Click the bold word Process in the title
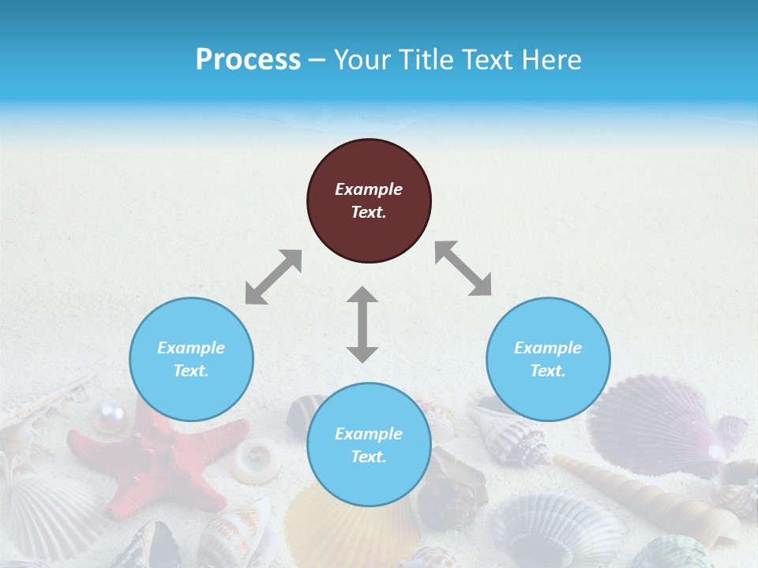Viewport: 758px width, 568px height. (248, 60)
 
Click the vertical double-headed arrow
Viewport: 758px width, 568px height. (362, 324)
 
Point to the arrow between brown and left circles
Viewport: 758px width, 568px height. (273, 277)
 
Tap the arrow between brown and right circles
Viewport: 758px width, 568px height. (463, 268)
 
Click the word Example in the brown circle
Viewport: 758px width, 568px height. (369, 189)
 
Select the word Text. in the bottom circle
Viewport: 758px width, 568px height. (369, 457)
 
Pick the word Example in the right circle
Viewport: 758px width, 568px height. (548, 348)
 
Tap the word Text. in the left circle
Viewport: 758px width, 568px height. (191, 371)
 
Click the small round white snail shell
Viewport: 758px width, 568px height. (256, 459)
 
